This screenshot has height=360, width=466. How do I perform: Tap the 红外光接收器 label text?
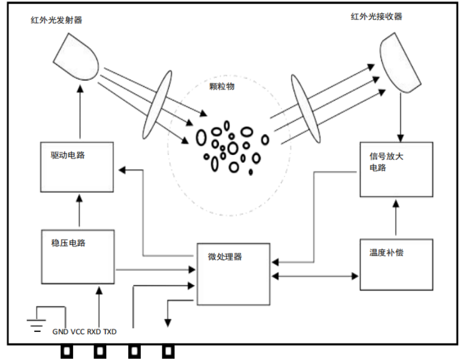376,16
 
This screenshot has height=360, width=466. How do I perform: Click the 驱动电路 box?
78,167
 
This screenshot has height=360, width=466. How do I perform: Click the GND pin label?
61,332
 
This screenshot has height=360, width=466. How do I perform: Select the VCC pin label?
78,332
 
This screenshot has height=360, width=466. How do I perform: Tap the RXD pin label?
95,332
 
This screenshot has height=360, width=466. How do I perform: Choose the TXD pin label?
110,332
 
